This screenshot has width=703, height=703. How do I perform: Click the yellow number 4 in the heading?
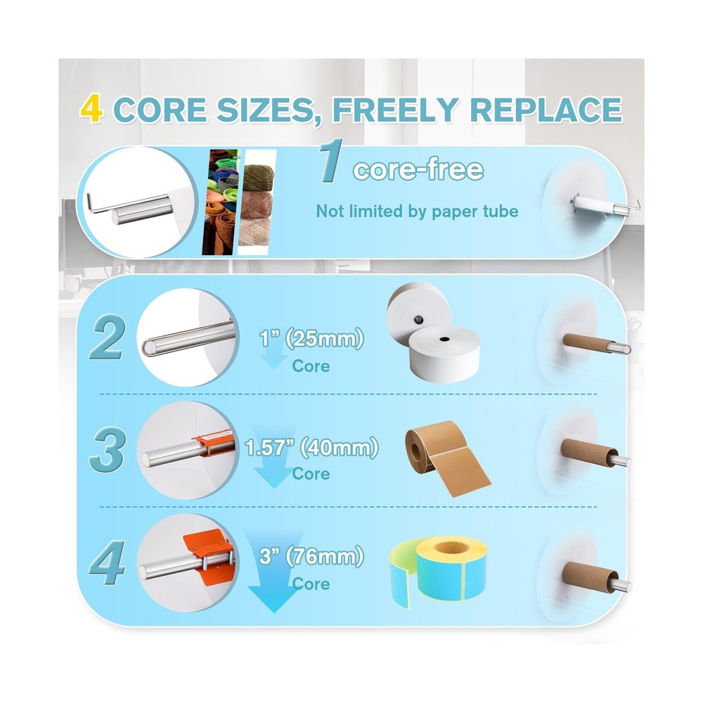click(x=91, y=108)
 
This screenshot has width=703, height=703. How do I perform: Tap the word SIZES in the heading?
click(x=264, y=110)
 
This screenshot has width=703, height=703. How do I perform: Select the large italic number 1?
click(x=331, y=160)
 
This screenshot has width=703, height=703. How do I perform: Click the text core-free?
click(x=418, y=169)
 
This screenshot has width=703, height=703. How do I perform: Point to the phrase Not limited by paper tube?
click(x=417, y=211)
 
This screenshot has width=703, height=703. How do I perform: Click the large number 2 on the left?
click(x=107, y=339)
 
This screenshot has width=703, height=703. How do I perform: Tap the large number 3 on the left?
click(x=107, y=450)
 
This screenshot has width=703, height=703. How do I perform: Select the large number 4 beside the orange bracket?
click(x=107, y=562)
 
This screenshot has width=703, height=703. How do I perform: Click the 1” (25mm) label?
click(x=311, y=339)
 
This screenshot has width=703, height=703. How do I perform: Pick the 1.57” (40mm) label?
click(x=311, y=447)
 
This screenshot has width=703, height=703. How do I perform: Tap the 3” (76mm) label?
click(x=311, y=557)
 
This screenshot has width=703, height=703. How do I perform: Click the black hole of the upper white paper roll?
click(x=418, y=320)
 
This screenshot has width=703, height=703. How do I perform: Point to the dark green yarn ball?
click(x=258, y=177)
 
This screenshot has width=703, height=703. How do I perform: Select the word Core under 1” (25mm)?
click(x=311, y=366)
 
